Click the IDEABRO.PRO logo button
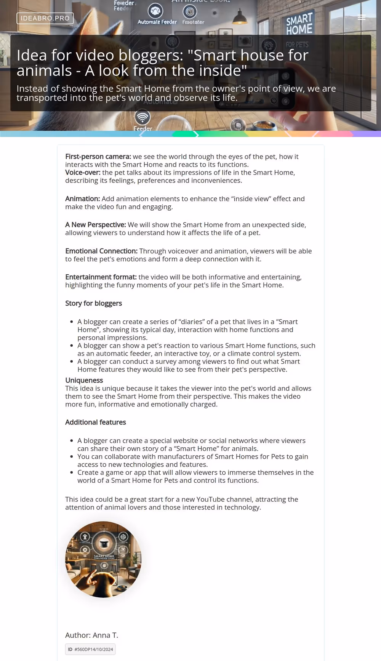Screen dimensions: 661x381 45,18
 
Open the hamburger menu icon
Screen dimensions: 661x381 362,18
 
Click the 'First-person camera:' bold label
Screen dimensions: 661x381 98,157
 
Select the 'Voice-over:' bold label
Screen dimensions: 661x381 83,173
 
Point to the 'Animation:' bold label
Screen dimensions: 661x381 82,199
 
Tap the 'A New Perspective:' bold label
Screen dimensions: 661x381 95,225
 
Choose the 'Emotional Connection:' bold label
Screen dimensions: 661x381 101,251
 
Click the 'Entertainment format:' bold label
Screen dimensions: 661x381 101,277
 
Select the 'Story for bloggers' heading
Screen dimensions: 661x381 93,303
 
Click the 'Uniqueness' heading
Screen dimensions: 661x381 84,380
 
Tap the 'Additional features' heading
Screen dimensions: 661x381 95,422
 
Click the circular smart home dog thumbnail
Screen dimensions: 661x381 103,559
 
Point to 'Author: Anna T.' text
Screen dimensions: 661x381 91,635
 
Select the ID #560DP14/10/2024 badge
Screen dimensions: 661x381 90,649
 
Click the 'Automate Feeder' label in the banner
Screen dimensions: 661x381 157,22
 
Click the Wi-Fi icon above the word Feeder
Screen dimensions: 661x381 142,117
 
